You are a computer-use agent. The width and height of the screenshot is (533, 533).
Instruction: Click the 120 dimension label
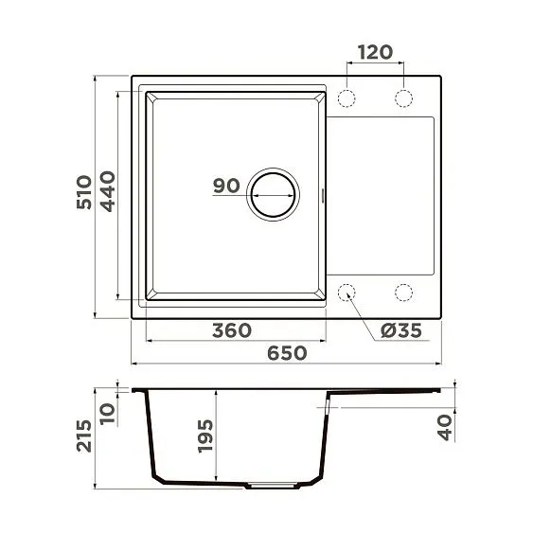coord(375,51)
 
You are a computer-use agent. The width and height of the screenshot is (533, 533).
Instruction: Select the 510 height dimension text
coord(84,192)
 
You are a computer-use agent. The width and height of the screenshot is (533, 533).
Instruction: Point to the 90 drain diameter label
coord(226,186)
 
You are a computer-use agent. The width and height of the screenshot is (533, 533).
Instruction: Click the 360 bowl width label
coord(231,330)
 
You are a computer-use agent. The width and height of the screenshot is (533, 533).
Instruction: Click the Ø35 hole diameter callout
coord(400,330)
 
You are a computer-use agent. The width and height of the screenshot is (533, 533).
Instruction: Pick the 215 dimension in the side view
coord(84,438)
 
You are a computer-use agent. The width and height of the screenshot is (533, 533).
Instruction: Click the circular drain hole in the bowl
coord(272,195)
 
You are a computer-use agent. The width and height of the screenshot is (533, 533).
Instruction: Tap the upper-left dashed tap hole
coord(347,98)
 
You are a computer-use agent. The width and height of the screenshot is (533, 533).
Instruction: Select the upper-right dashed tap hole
coord(404,98)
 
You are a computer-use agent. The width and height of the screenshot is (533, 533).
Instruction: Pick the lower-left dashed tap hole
coord(347,292)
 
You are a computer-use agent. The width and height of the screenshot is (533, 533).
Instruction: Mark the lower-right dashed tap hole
coord(404,292)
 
